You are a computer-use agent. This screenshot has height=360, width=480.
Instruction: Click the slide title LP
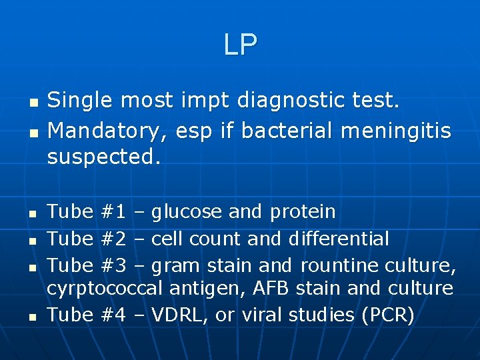pyautogui.click(x=240, y=45)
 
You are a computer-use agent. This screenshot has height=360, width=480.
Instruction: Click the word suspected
pyautogui.click(x=104, y=157)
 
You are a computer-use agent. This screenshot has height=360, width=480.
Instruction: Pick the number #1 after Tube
pyautogui.click(x=115, y=212)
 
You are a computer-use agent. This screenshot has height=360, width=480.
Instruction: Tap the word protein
pyautogui.click(x=303, y=213)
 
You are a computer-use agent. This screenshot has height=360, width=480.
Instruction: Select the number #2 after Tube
pyautogui.click(x=115, y=238)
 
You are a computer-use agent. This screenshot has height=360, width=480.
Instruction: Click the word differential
pyautogui.click(x=339, y=238)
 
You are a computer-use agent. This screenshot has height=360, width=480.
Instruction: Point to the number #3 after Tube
pyautogui.click(x=115, y=265)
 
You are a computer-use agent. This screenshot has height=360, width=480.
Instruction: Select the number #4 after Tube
pyautogui.click(x=115, y=315)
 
